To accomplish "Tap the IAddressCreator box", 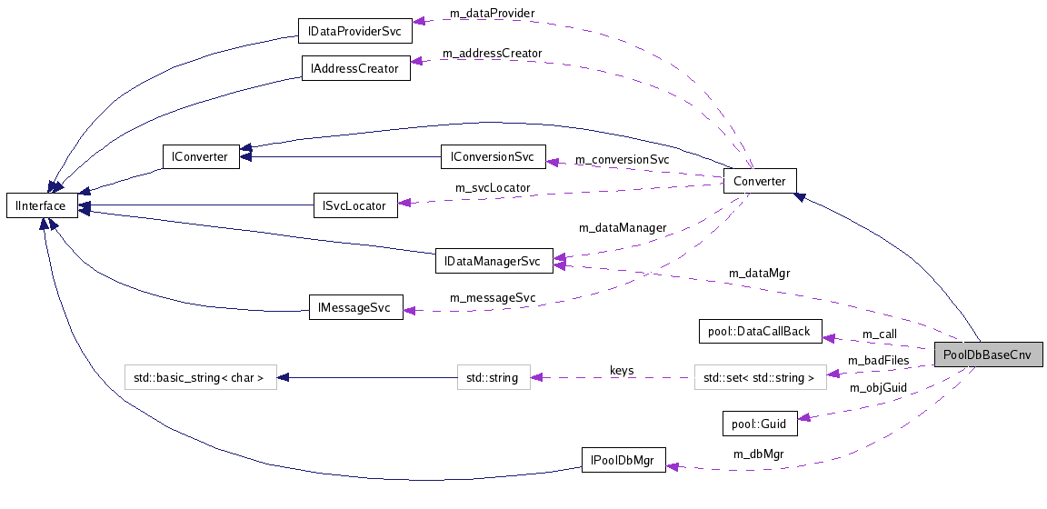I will coord(355,68).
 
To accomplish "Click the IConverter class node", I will coord(200,156).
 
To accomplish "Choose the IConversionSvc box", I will coord(493,156).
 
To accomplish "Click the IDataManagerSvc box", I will coord(494,262).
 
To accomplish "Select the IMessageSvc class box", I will coord(355,308).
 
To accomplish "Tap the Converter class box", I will coord(760,181).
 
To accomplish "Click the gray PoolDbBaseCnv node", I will coord(987,354).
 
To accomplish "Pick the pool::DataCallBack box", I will coord(759,332).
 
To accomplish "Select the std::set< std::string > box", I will coord(760,377).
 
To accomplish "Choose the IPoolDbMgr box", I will coord(623,459).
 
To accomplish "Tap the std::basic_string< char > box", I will coord(200,377).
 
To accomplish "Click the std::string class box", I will coord(493,377).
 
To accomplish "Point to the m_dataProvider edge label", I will coord(492,14).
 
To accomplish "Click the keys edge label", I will coord(622,371).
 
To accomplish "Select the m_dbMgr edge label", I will coord(759,454).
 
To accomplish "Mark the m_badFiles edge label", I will coord(878,361).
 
